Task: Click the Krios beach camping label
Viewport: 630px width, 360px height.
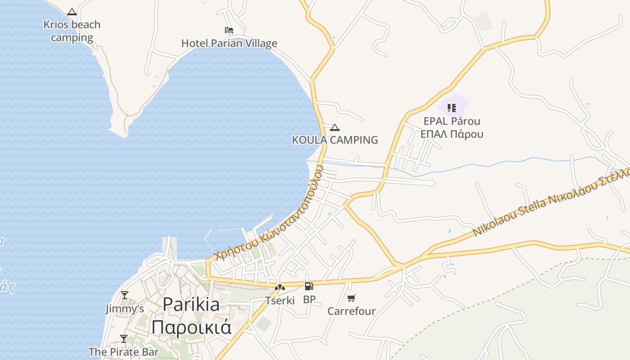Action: [72, 31]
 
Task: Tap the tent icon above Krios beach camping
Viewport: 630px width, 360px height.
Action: [72, 12]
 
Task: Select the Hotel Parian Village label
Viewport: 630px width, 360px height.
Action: [229, 44]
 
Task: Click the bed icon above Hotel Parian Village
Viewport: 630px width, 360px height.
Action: [229, 30]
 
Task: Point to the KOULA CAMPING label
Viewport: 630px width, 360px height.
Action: [335, 140]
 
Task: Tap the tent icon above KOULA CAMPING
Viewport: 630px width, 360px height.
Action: [334, 127]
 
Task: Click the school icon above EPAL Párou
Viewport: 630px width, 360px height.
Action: [452, 108]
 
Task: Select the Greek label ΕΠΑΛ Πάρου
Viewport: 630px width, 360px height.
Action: [452, 134]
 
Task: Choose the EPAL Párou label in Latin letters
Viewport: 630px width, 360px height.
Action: [452, 121]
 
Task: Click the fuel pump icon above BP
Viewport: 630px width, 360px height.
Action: [309, 286]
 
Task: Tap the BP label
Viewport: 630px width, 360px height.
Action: [309, 299]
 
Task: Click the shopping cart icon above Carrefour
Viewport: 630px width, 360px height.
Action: [351, 298]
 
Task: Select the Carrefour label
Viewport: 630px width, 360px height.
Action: [351, 311]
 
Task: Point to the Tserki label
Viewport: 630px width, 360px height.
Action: [280, 300]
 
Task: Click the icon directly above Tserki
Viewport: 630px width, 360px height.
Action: [280, 287]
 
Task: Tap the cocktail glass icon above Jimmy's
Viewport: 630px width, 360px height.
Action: [125, 295]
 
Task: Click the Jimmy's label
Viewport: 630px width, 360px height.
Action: [125, 309]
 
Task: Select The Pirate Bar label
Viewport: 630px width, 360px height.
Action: [123, 351]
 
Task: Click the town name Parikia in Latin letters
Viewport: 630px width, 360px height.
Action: [191, 305]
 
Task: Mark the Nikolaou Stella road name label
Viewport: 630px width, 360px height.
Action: [508, 219]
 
